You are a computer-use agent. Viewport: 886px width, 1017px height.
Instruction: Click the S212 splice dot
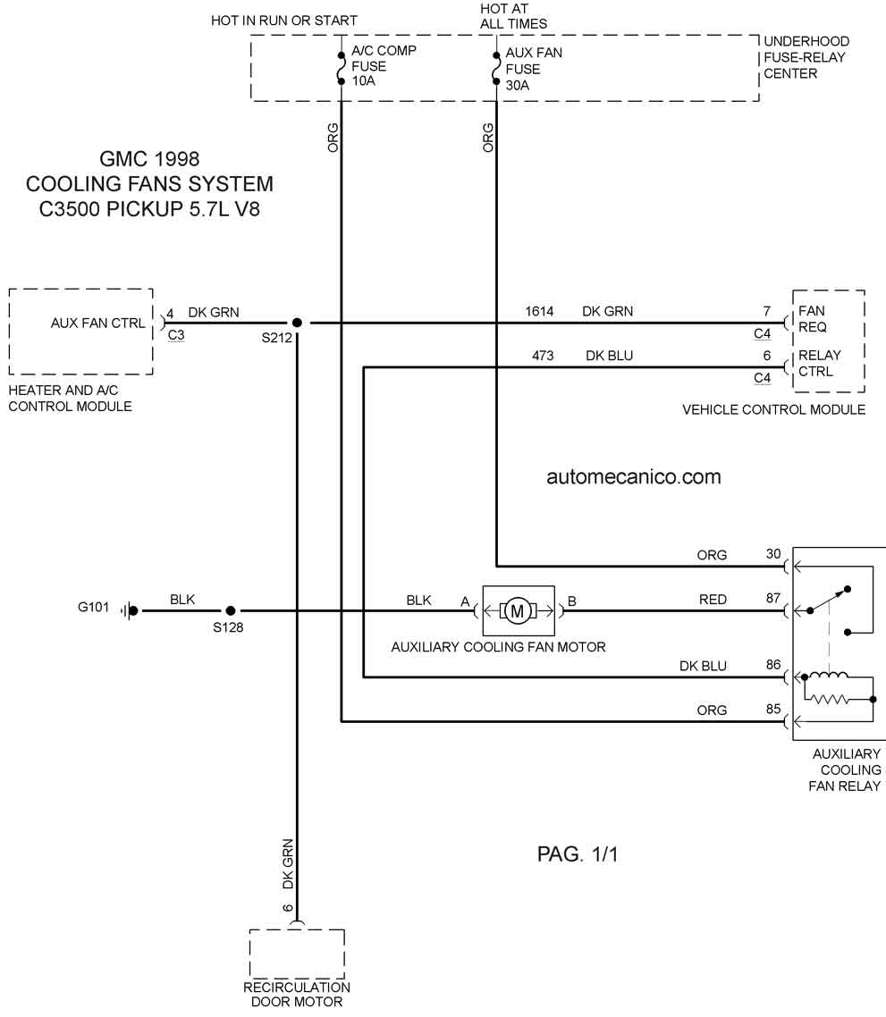297,323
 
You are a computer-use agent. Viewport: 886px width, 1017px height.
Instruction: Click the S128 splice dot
231,610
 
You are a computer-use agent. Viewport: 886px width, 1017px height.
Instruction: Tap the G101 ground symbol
130,610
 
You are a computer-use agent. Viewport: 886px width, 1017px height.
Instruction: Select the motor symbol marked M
518,611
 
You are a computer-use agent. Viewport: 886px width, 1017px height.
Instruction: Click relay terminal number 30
773,554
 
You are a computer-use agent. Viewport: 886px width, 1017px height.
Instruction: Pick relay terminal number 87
773,598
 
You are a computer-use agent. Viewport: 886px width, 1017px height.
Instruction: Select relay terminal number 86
773,665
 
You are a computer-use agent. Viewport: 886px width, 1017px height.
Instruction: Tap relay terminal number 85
773,709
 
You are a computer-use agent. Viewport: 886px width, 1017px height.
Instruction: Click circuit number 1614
539,311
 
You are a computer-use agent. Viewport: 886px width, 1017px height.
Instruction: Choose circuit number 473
543,356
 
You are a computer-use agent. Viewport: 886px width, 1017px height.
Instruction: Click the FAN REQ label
813,319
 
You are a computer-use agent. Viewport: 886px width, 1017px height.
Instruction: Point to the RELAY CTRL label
819,363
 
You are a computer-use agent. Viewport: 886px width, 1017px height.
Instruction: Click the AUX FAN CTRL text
98,323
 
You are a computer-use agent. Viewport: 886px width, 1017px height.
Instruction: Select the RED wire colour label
713,600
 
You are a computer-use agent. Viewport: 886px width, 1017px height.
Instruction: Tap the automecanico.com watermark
634,476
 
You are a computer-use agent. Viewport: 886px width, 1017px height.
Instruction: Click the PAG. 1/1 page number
578,854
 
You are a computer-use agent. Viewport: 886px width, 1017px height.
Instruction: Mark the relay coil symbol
828,676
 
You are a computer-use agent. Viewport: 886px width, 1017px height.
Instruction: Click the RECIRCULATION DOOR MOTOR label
297,995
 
